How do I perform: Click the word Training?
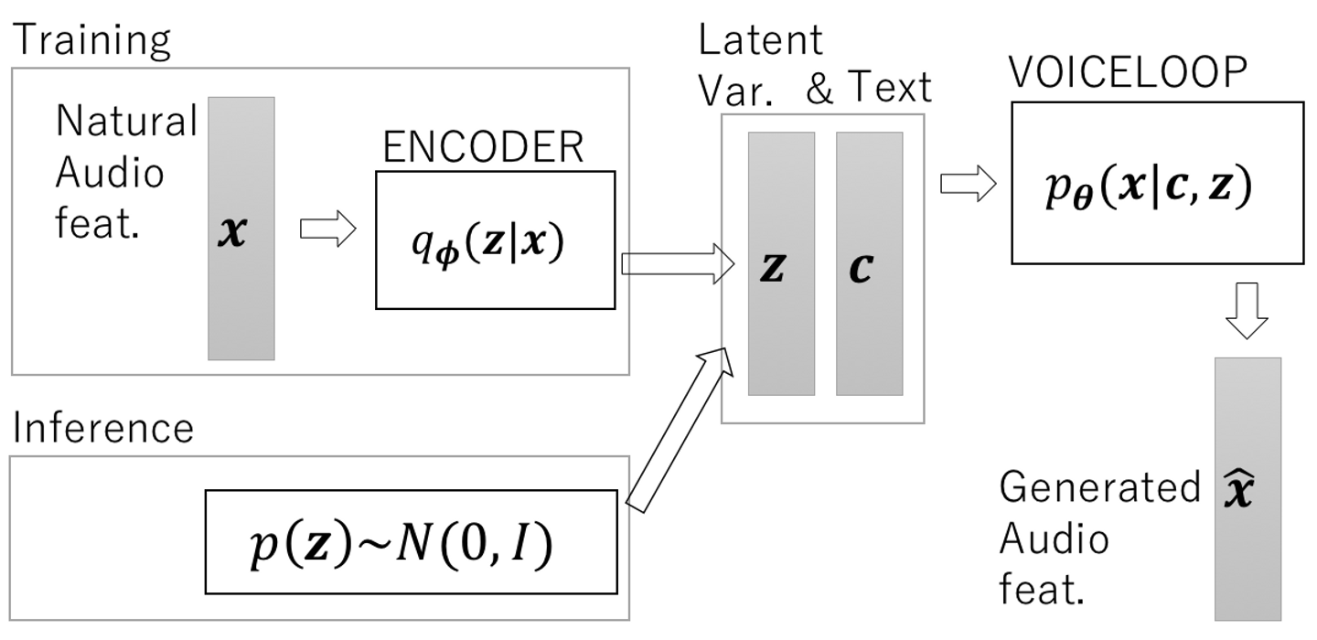coord(91,39)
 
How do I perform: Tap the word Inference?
coord(103,427)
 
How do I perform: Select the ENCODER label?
coord(482,147)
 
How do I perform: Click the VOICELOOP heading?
coord(1128,73)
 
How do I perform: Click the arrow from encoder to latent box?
coord(678,265)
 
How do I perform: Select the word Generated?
coord(1098,488)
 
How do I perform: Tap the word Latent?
coord(760,41)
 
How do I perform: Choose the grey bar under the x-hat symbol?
coord(1247,567)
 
